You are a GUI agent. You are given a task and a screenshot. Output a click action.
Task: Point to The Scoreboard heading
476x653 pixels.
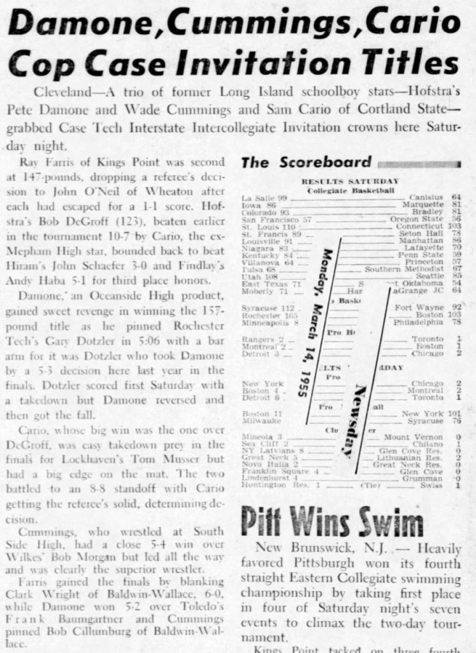306,163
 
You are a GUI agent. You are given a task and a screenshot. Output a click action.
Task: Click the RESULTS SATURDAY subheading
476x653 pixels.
350,181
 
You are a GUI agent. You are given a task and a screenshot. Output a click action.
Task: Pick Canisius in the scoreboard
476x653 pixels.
426,198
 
